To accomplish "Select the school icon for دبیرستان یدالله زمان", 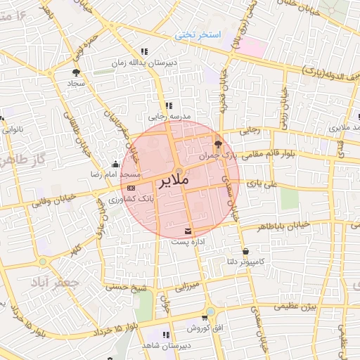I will [x=145, y=51].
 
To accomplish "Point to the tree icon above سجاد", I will [x=76, y=71].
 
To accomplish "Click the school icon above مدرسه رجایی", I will [x=168, y=105].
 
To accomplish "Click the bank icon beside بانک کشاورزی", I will [x=131, y=188].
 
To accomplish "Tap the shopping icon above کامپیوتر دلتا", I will [x=245, y=252].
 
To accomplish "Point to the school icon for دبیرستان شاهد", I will [x=166, y=335].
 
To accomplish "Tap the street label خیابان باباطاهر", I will [x=281, y=226].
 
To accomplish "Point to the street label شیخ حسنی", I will [x=125, y=287].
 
